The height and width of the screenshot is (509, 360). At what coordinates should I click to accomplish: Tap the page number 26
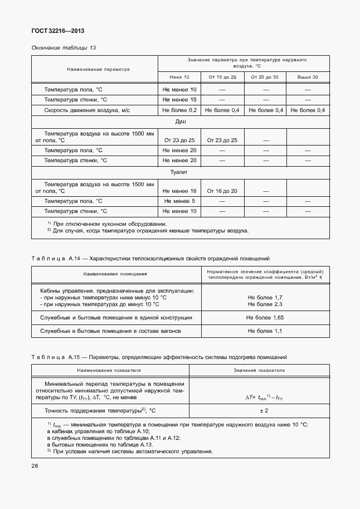pos(35,465)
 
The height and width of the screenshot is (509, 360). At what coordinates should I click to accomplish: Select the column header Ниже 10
pos(179,76)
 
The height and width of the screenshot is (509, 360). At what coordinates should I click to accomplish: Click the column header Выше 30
pos(307,76)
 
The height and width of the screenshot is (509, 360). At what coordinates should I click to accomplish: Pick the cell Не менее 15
pos(179,100)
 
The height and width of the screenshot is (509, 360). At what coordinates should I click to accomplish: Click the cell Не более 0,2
pos(179,110)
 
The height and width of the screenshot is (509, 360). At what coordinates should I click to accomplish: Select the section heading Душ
pos(180,121)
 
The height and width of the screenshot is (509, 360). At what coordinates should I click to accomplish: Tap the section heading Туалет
pos(180,173)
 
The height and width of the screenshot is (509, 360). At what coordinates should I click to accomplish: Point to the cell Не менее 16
pos(179,191)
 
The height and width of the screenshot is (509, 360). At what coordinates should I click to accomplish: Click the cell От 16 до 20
pos(222,191)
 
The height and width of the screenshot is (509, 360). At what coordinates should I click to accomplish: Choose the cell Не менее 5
pos(179,201)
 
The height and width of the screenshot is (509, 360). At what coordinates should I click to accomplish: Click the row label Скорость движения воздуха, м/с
pos(87,110)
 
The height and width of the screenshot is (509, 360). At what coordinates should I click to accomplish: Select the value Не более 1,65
pos(265,317)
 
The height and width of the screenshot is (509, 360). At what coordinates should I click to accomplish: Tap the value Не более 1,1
pos(265,331)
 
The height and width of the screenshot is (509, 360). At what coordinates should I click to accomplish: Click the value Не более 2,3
pos(265,304)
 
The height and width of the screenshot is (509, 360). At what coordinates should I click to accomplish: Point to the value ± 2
pos(265,411)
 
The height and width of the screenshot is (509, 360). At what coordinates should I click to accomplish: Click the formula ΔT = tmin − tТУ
pos(265,397)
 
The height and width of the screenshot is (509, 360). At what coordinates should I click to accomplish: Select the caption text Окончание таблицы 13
pos(64,47)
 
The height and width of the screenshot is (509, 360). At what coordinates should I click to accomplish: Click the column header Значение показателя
pos(259,370)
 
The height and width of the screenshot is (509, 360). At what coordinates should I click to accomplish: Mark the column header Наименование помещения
pos(115,274)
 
